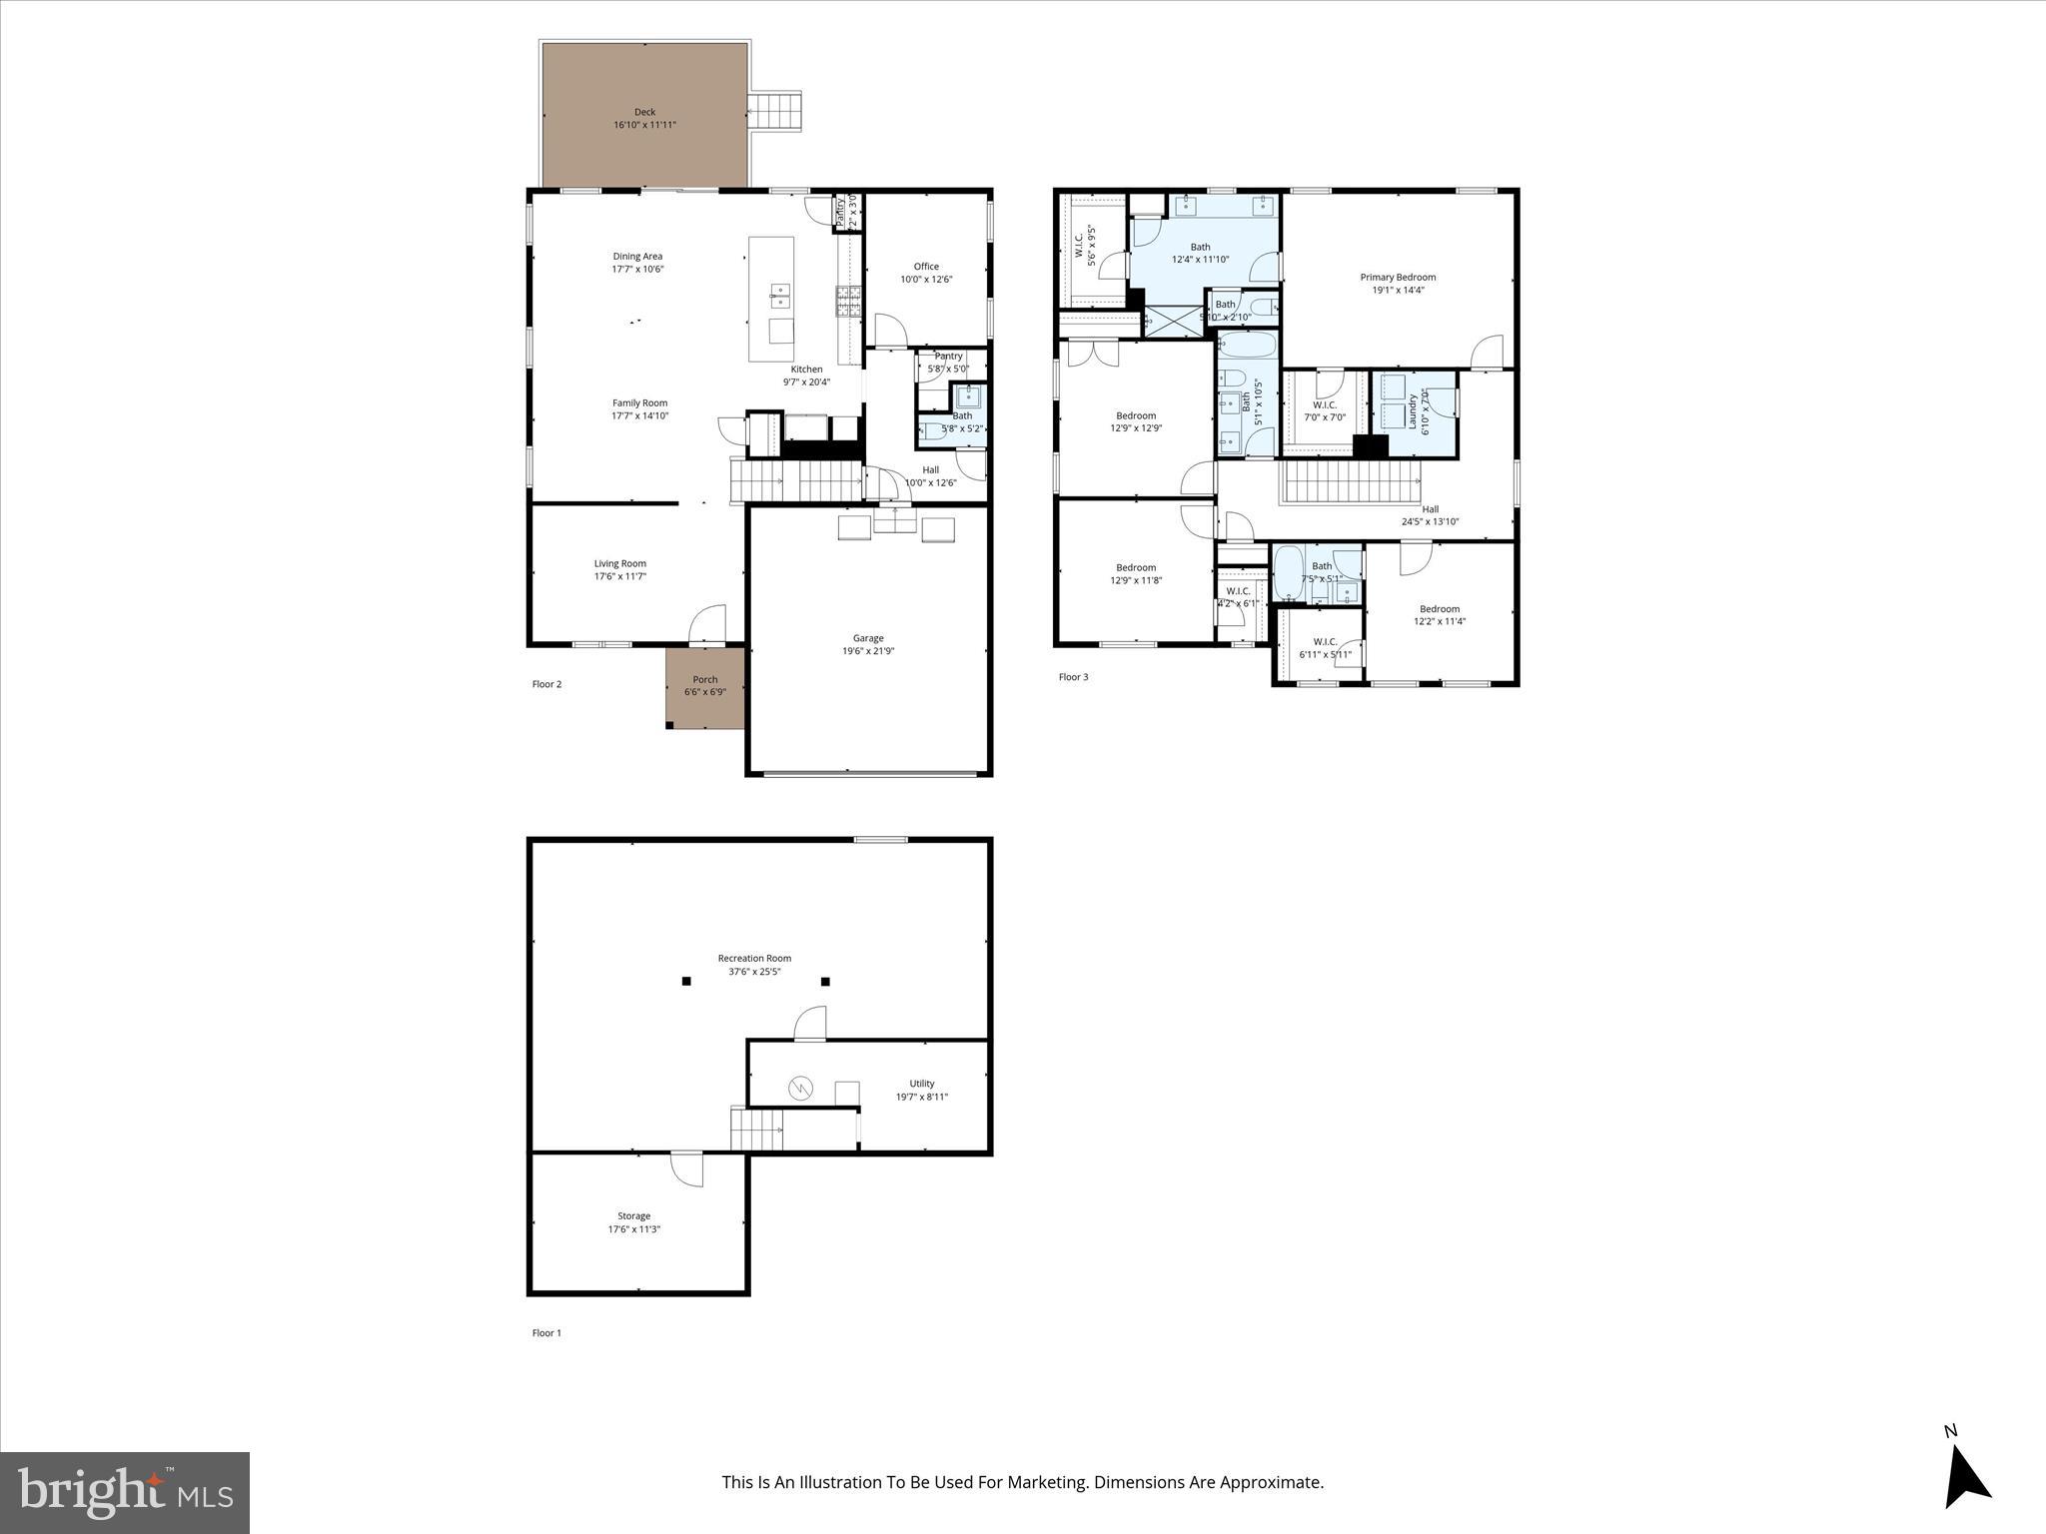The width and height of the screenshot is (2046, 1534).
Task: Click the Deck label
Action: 644,112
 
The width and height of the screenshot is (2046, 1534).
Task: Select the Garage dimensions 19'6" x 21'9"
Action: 867,651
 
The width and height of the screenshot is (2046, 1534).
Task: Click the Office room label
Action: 926,267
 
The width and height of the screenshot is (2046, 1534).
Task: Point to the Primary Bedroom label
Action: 1398,278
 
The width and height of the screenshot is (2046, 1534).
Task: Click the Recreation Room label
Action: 754,959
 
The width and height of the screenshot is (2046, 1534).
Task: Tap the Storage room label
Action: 633,1216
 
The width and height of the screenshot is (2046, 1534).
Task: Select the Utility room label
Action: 921,1084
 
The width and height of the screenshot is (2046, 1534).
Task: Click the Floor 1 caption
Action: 546,1333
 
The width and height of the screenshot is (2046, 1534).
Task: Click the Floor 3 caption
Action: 1073,677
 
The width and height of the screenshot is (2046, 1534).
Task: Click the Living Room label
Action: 619,563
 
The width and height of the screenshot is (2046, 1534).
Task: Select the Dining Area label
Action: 637,257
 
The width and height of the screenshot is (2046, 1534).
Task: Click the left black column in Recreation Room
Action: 686,982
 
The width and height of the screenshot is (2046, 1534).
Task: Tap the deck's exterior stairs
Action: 776,111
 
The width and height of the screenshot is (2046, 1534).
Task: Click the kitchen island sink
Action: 779,295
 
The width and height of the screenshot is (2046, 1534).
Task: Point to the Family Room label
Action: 639,403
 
